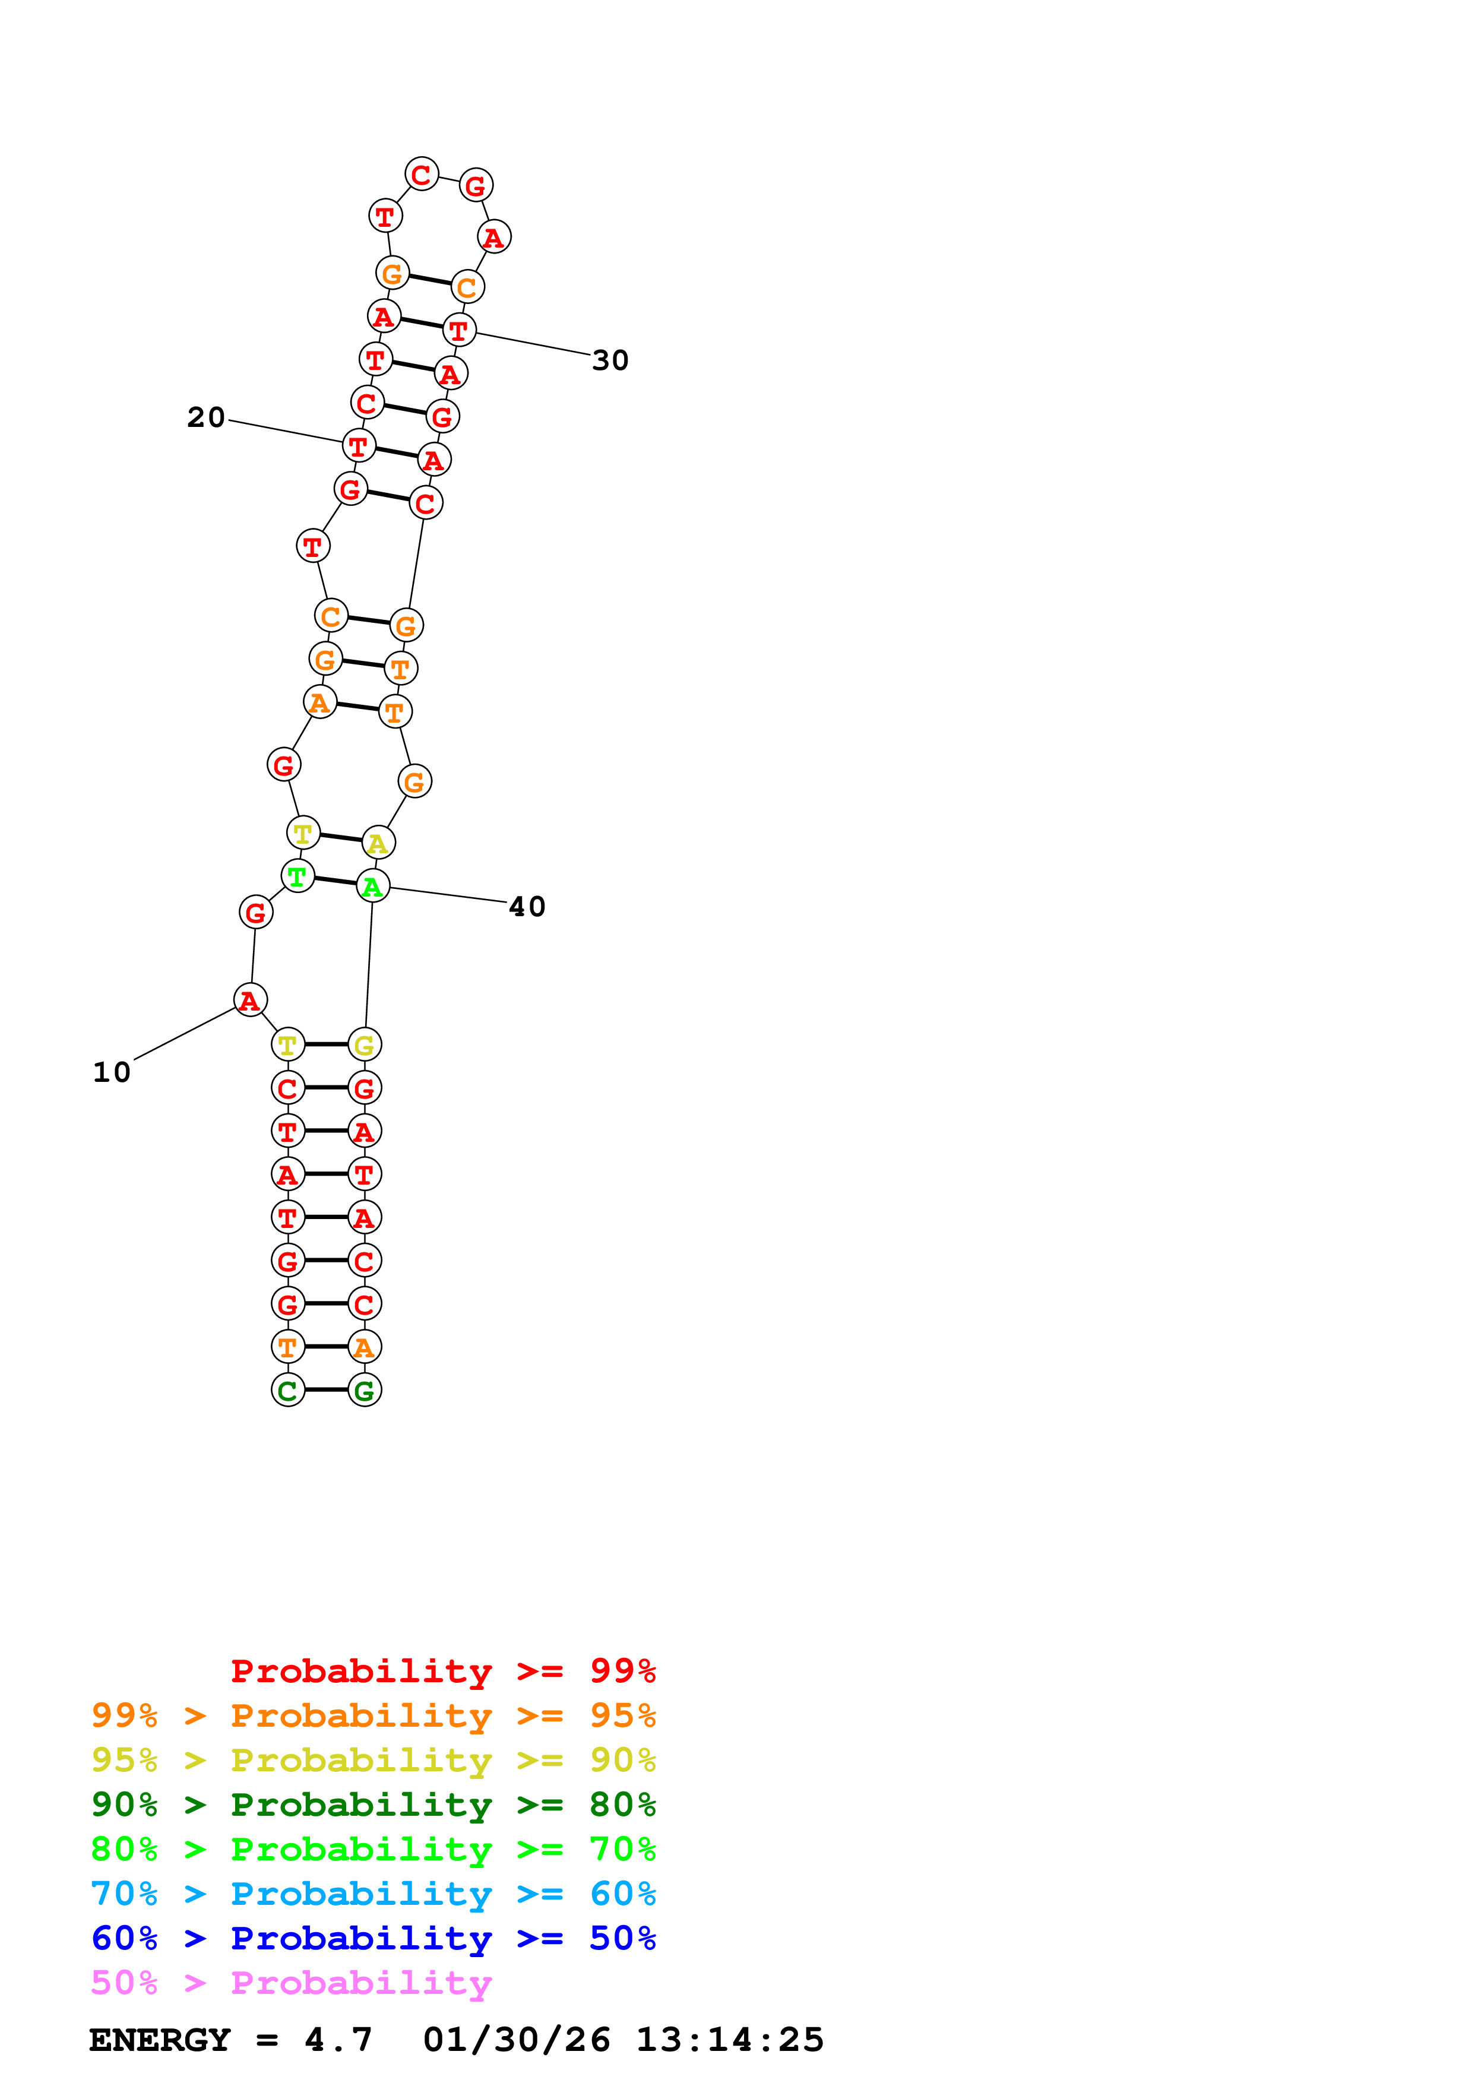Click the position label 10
coord(112,1072)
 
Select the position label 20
coord(206,417)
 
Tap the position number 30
coord(610,360)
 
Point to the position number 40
coord(527,906)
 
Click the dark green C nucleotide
coord(287,1390)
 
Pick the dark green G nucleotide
coord(365,1390)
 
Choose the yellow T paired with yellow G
coord(287,1044)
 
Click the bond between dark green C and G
coord(327,1390)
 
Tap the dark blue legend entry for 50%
coord(373,1938)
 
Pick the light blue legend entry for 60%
coord(373,1894)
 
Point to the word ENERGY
coord(160,2040)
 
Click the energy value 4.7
coord(338,2040)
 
